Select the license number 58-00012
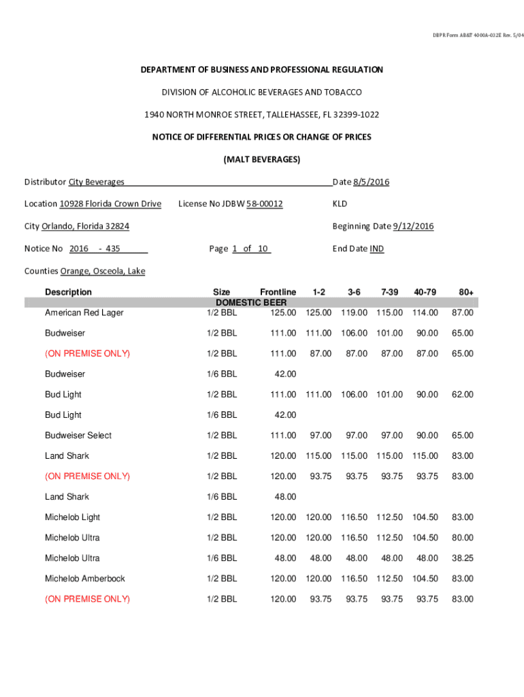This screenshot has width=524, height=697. pos(264,204)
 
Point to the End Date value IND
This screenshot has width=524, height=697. pos(376,248)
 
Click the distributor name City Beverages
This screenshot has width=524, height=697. pos(96,182)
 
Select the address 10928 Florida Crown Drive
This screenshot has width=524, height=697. pos(110,204)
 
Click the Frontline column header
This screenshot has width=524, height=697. pos(278,292)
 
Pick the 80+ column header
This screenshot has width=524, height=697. pos(466,292)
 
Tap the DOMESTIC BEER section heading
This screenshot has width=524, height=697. pos(251,302)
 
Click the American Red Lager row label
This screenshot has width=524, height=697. pos(84,312)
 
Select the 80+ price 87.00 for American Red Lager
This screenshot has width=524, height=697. pos(463,312)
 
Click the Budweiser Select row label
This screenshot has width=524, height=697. pos(78,435)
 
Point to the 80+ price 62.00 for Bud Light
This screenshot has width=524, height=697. pos(463,394)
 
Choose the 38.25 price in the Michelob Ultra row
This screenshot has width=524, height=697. pos(463,557)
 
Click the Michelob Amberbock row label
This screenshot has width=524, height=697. pos(85,578)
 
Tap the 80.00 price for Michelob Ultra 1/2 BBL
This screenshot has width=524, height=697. pos(463,537)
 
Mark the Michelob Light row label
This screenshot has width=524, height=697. pos(73,517)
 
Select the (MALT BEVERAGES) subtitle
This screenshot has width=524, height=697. pos(262,159)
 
